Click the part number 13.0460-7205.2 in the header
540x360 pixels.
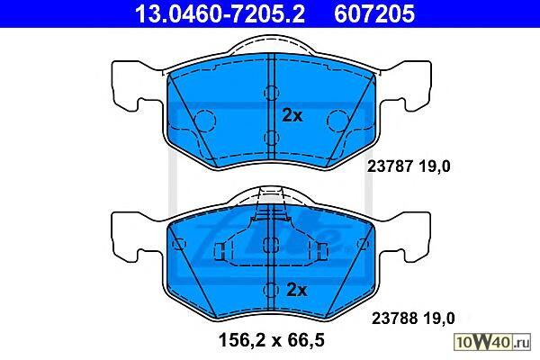pos(220,14)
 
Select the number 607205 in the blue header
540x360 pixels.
pos(374,14)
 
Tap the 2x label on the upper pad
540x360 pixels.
pos(292,115)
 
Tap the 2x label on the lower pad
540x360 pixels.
pos(296,290)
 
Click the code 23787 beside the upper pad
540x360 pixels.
pos(390,166)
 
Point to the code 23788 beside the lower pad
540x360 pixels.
pos(394,319)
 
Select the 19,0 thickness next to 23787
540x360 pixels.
pos(435,166)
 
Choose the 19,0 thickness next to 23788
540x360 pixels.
pos(439,319)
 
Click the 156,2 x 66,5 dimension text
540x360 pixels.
pos(272,340)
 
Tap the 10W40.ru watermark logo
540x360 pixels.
pos(492,342)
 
